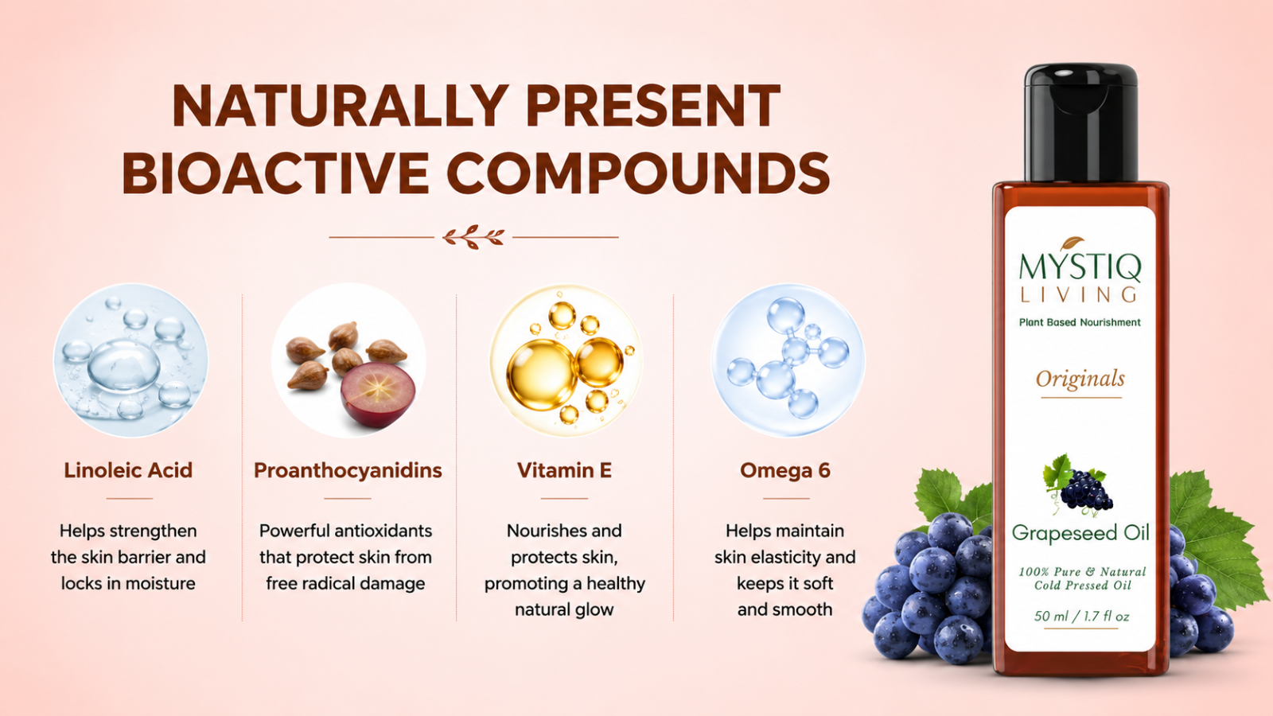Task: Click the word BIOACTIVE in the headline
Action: pyautogui.click(x=275, y=173)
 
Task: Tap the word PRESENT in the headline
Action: pyautogui.click(x=653, y=105)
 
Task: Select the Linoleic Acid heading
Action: pyautogui.click(x=128, y=470)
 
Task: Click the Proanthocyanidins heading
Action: pyautogui.click(x=348, y=470)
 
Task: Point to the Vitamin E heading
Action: pyautogui.click(x=564, y=470)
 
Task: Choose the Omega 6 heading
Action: pyautogui.click(x=784, y=470)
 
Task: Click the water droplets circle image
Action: pyautogui.click(x=130, y=360)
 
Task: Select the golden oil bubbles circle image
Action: pyautogui.click(x=566, y=360)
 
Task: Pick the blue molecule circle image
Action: pyautogui.click(x=788, y=360)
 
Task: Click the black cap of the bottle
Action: pyautogui.click(x=1081, y=123)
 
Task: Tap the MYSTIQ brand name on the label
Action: pyautogui.click(x=1080, y=267)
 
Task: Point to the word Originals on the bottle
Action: pyautogui.click(x=1080, y=379)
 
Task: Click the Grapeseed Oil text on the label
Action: pyautogui.click(x=1080, y=533)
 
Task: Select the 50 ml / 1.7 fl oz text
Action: pyautogui.click(x=1081, y=616)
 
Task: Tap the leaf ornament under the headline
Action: pyautogui.click(x=473, y=237)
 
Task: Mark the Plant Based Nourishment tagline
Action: pyautogui.click(x=1080, y=322)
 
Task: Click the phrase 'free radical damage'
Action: pyautogui.click(x=345, y=584)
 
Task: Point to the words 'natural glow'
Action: pyautogui.click(x=564, y=609)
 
